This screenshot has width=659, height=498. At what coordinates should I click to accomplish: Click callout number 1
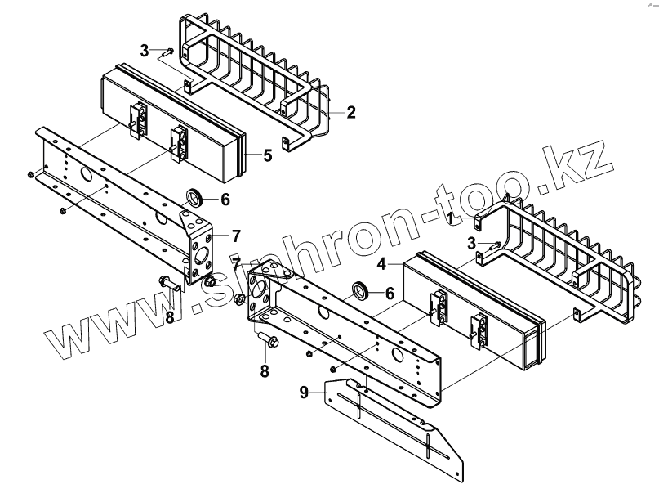(450, 218)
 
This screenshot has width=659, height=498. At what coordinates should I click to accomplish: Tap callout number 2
(351, 113)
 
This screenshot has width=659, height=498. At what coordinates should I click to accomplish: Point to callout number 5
(267, 155)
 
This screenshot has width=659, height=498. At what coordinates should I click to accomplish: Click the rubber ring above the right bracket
(358, 289)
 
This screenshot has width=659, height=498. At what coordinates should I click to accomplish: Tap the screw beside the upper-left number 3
(165, 52)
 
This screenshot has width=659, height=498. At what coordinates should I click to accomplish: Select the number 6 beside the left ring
(225, 200)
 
